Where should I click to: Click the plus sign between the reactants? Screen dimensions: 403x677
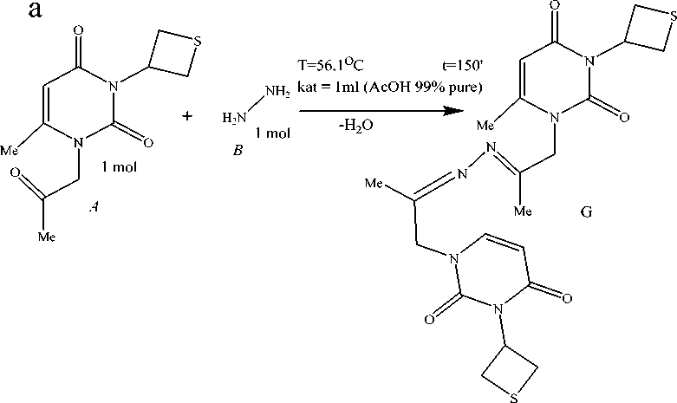click(188, 115)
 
